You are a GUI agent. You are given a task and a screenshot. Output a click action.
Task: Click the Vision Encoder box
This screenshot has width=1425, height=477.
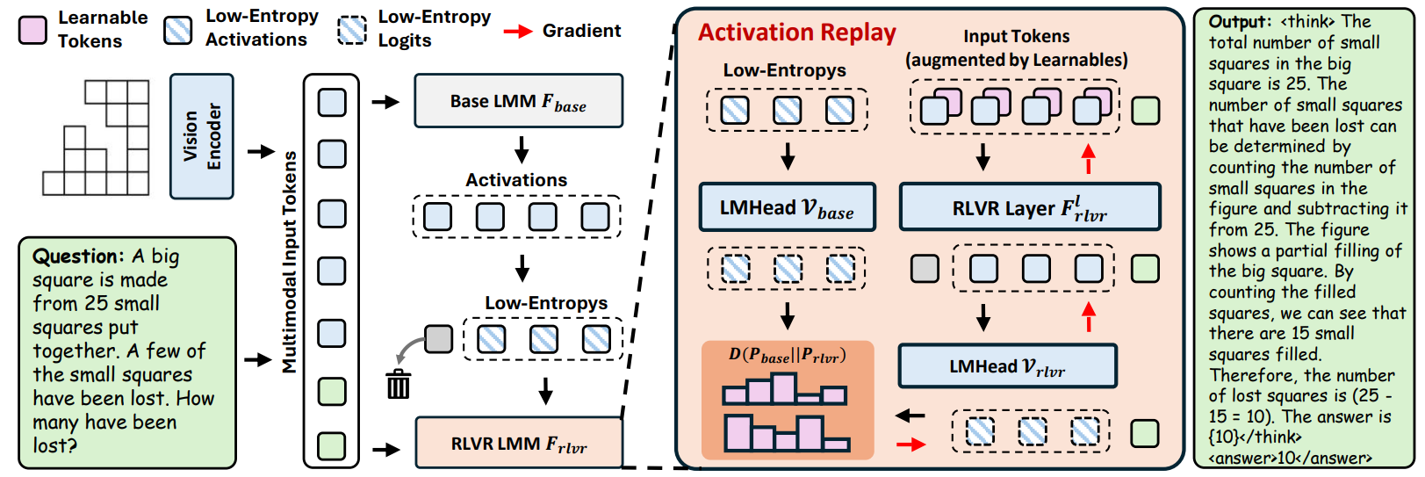coord(201,136)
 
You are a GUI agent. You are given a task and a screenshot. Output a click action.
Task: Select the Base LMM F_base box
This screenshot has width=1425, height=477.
coord(518,101)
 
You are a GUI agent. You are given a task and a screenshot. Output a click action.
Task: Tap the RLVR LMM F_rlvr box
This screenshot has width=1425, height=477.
coord(518,443)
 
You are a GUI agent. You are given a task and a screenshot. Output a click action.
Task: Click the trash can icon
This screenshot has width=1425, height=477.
coord(399,384)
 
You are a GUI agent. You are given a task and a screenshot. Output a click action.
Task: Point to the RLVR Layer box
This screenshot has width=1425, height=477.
coord(1030,207)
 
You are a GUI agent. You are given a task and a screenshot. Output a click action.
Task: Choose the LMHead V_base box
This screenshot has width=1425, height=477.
coord(787,207)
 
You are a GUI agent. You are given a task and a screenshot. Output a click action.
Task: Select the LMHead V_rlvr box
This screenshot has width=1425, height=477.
coord(1007,366)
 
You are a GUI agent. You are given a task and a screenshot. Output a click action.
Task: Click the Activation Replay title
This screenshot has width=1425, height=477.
coord(796,33)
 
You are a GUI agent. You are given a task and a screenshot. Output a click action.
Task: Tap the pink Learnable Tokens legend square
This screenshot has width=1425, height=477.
coord(33,29)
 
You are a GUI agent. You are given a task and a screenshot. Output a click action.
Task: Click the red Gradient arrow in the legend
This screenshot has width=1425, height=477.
coord(518,32)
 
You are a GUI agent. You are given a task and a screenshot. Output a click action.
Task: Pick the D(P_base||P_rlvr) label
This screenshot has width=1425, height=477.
coord(788,355)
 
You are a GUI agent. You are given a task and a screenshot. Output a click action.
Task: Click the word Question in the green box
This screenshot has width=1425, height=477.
coord(78,257)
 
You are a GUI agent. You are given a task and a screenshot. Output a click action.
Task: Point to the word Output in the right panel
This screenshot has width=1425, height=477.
coord(1239,22)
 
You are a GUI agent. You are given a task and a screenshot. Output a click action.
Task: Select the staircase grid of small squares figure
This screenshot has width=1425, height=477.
coord(97,137)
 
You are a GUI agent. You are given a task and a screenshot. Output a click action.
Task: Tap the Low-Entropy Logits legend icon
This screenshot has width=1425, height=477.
coord(353,30)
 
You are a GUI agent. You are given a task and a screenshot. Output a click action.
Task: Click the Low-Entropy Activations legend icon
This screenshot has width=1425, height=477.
coord(178,30)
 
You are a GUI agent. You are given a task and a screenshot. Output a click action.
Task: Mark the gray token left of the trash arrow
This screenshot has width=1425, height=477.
coord(438,338)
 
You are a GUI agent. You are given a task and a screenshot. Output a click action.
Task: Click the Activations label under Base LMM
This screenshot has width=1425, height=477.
coord(516,180)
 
